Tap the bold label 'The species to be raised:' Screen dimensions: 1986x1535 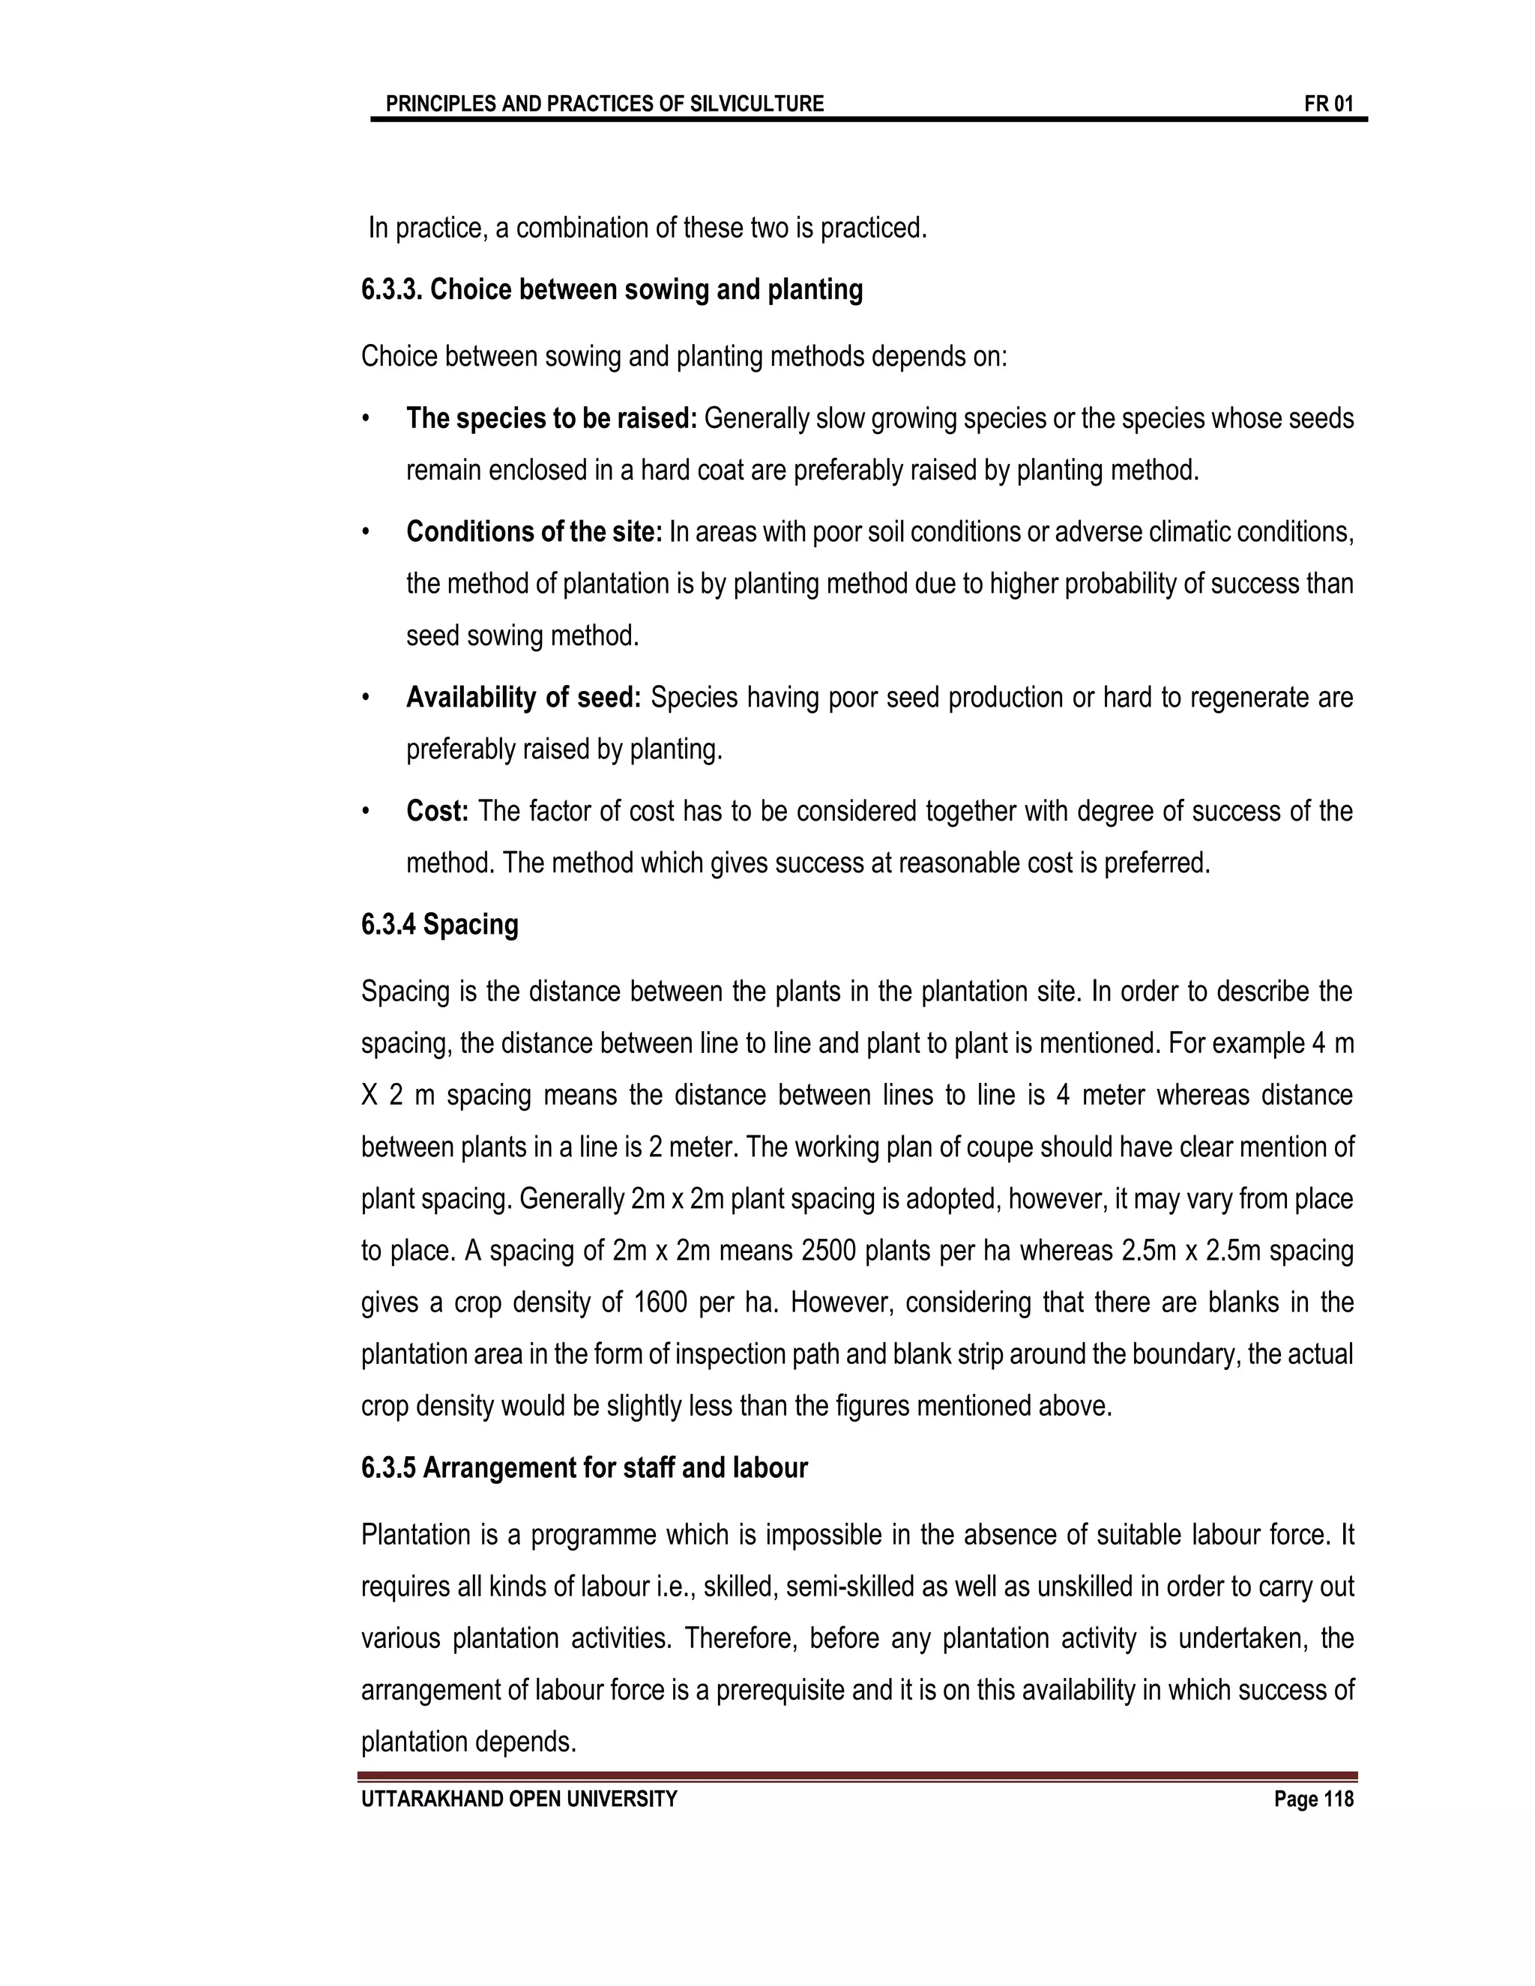pos(551,418)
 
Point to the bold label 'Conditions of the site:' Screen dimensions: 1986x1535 pos(534,532)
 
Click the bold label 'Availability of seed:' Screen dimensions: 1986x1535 pos(524,698)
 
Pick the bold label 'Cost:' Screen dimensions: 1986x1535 pos(436,811)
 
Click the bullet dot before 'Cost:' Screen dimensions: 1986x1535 pos(366,811)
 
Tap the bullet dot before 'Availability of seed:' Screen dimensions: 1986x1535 pos(366,698)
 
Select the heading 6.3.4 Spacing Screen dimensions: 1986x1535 pos(439,925)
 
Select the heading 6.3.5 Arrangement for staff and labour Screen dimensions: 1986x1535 pos(584,1469)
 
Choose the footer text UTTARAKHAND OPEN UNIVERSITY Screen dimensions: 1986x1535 pos(519,1799)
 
